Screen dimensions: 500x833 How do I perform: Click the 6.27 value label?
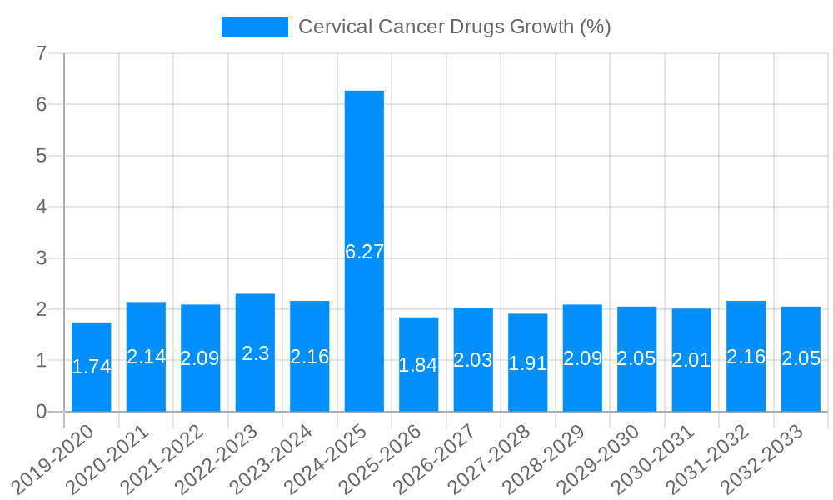(x=364, y=252)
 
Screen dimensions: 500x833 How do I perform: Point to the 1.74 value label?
(x=92, y=367)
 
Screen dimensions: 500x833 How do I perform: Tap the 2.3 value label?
(x=255, y=353)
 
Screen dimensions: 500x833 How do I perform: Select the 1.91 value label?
(x=527, y=364)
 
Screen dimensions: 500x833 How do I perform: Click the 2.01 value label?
(x=691, y=360)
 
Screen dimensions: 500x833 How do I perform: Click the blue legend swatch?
(x=254, y=27)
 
